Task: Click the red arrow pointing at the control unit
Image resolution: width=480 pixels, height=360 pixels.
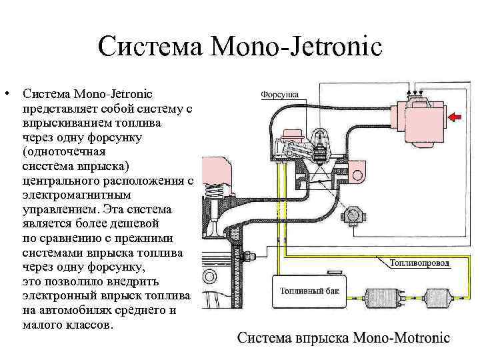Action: click(x=456, y=118)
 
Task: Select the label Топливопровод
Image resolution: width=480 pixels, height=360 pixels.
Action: click(x=419, y=263)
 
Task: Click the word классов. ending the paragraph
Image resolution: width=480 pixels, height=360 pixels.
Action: click(x=88, y=325)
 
